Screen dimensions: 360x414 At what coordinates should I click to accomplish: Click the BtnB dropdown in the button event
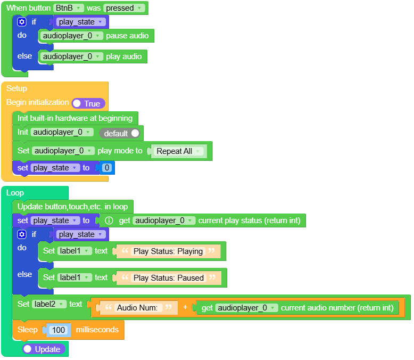coord(69,8)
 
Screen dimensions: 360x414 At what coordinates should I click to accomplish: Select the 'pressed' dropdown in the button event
coord(124,8)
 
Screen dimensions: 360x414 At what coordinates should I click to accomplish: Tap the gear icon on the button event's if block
coord(22,22)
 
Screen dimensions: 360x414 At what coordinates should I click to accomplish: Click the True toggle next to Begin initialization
coord(88,103)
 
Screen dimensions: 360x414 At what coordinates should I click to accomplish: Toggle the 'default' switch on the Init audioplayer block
coord(121,133)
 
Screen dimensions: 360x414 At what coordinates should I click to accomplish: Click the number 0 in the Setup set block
coord(106,168)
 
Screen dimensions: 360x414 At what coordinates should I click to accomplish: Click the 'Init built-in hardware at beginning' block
coord(74,118)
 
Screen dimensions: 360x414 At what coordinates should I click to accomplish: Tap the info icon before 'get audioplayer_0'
coord(109,220)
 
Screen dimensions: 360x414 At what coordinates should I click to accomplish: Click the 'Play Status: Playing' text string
coord(168,251)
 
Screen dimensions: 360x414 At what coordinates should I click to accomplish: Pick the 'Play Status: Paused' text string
coord(168,278)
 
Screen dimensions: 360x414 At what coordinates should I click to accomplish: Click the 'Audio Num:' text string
coord(137,307)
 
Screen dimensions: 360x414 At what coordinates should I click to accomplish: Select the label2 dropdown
coord(49,304)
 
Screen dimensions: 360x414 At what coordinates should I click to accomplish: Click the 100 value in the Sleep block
coord(59,330)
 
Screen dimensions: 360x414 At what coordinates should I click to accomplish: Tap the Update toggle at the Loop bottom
coord(44,349)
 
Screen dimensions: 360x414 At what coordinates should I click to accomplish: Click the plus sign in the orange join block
coord(185,307)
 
